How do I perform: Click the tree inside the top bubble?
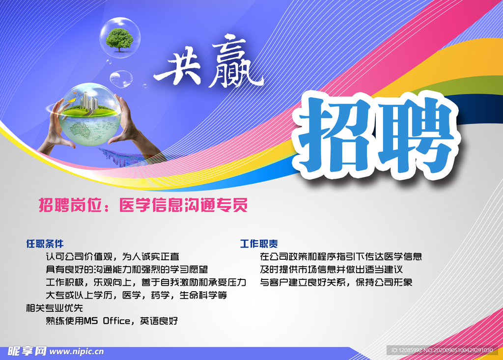click(x=120, y=39)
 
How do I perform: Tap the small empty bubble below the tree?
click(x=121, y=78)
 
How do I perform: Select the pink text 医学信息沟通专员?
click(x=183, y=206)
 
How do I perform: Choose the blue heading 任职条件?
click(x=45, y=244)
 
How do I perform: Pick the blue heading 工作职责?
click(x=259, y=244)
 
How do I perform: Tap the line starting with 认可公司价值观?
click(x=112, y=256)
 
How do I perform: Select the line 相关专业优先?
click(x=55, y=308)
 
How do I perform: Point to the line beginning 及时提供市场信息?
click(x=332, y=270)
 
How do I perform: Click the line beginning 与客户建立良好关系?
click(x=336, y=282)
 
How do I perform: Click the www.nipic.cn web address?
click(x=77, y=352)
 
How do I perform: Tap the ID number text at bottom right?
click(x=442, y=350)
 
